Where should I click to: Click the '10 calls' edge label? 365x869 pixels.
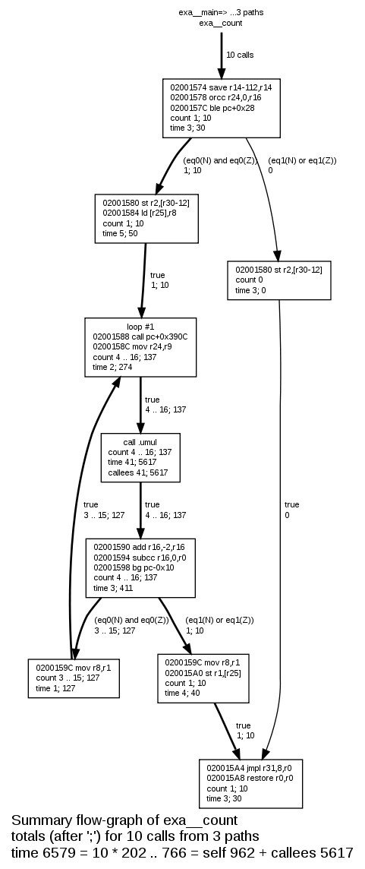240,55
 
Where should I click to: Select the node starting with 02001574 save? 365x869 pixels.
221,108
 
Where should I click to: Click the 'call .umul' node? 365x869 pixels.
140,457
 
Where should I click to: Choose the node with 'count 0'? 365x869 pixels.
278,280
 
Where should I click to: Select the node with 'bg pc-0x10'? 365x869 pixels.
140,567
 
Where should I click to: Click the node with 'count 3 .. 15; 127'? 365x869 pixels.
73,678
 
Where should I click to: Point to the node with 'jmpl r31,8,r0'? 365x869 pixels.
251,783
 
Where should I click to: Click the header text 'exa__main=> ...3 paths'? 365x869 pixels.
221,13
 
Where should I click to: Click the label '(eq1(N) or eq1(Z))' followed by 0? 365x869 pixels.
302,161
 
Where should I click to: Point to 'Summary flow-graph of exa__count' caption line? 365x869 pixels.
124,820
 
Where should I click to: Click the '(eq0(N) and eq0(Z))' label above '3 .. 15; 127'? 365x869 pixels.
126,620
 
